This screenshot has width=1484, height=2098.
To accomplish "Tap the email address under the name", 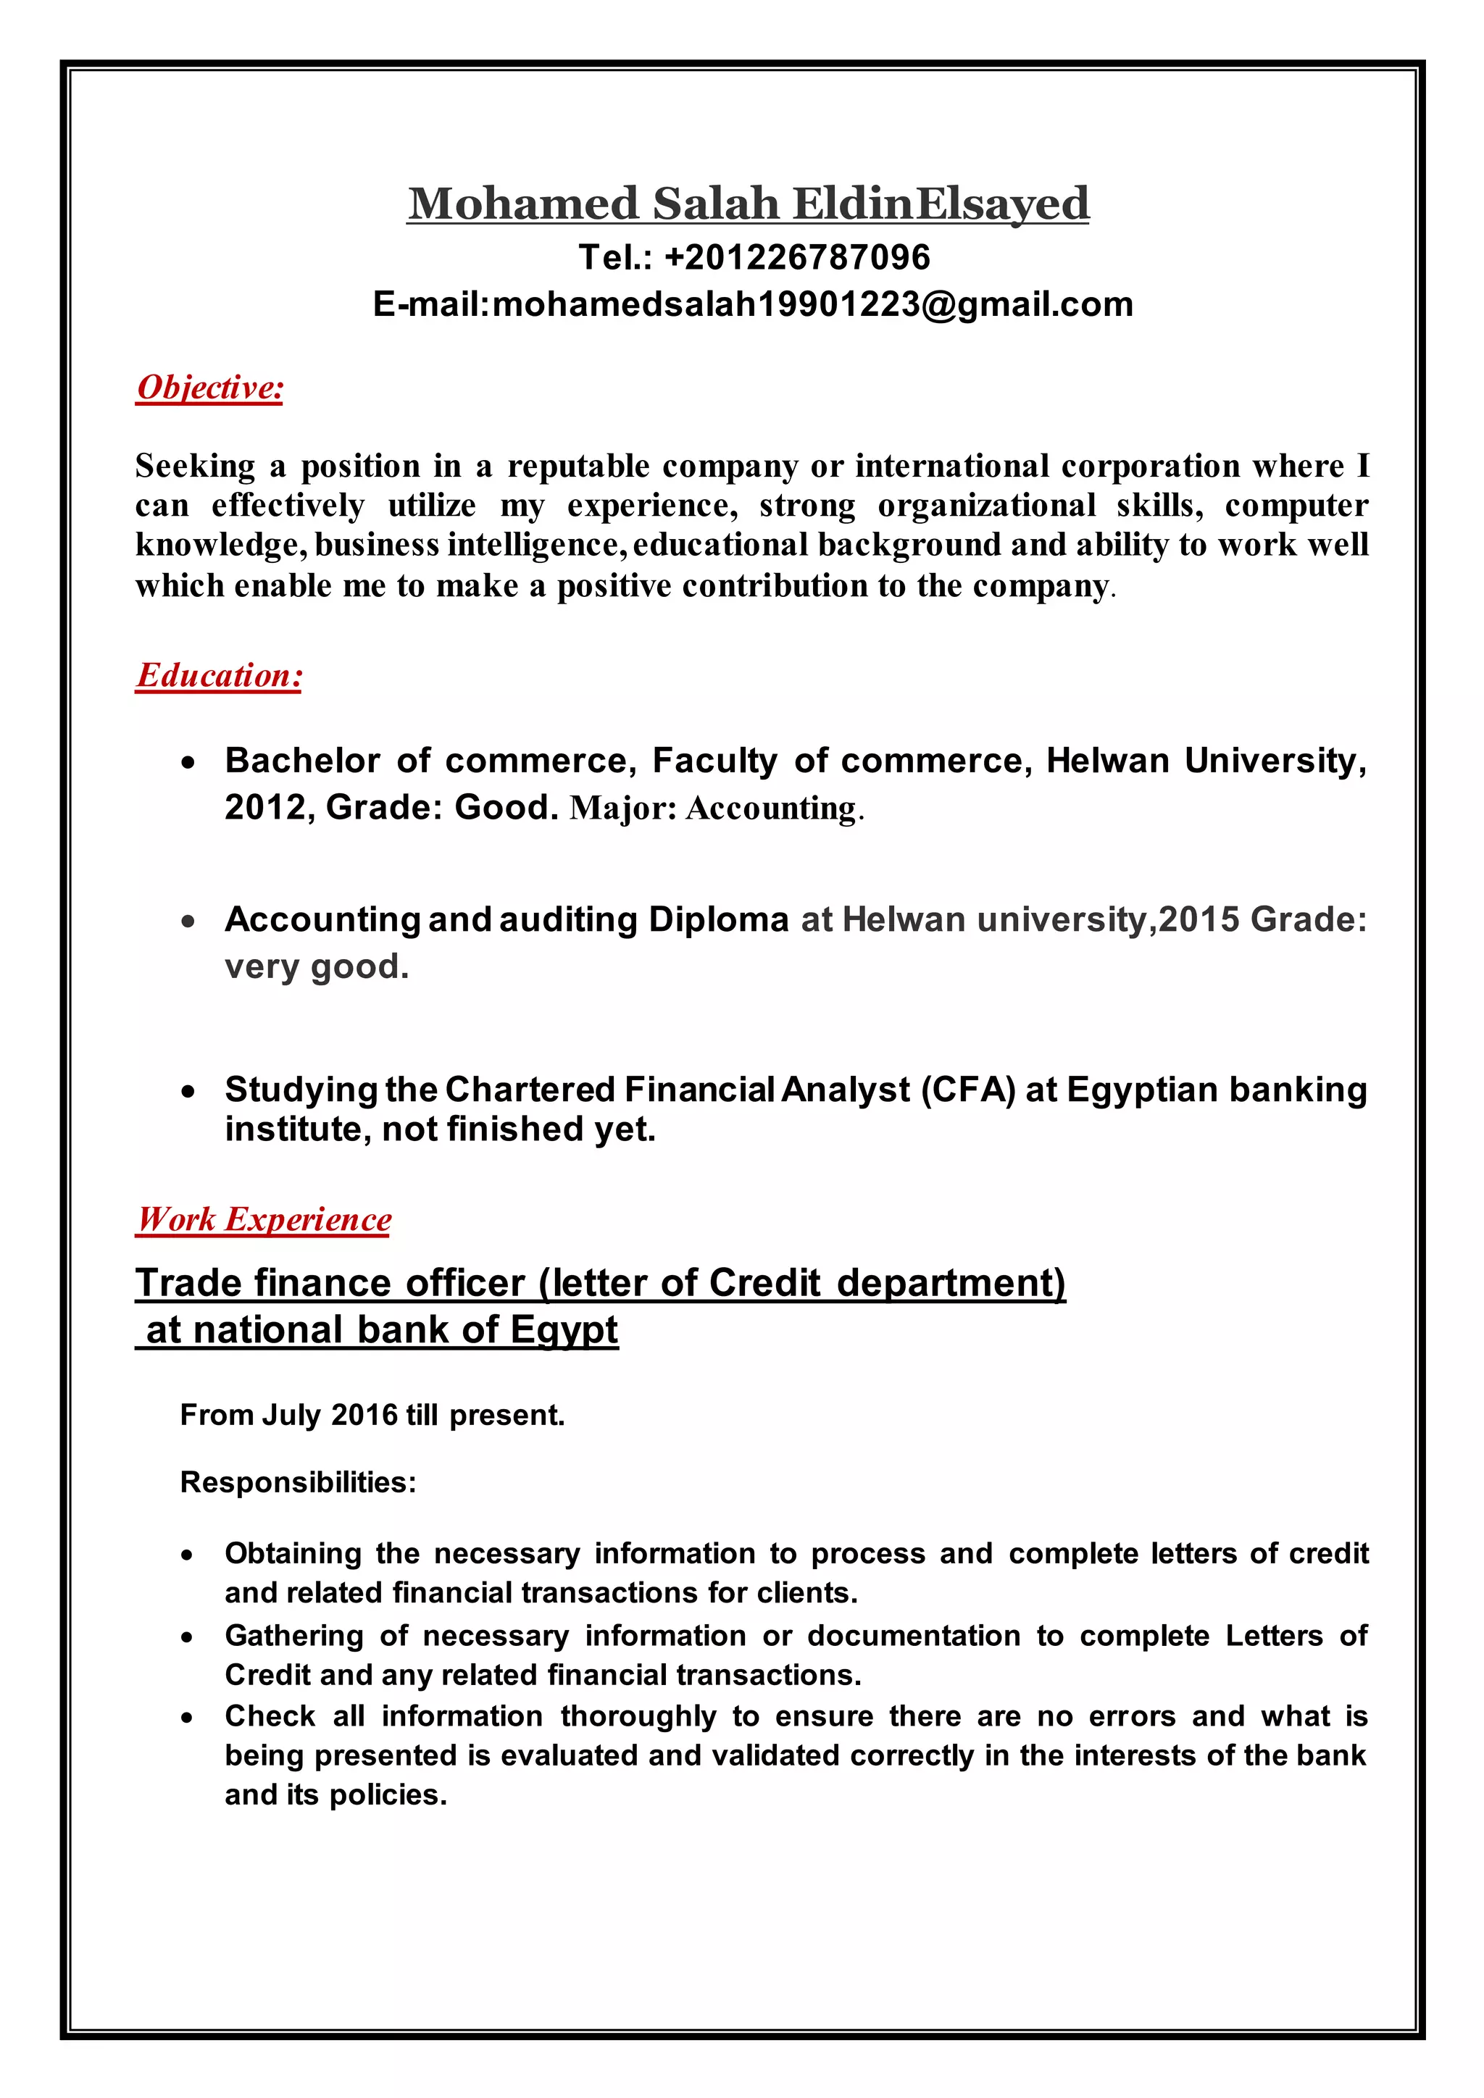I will [x=812, y=304].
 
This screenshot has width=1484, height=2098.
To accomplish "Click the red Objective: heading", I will [x=209, y=388].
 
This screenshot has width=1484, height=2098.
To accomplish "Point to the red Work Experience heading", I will [x=264, y=1219].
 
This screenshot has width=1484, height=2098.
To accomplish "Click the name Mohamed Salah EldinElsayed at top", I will [x=748, y=203].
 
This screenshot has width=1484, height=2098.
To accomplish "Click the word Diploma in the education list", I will [x=718, y=919].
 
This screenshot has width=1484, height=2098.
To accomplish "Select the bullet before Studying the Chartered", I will [x=188, y=1091].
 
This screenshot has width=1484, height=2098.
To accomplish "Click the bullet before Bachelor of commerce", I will [x=188, y=762].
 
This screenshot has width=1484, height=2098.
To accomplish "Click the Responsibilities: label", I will [x=298, y=1482].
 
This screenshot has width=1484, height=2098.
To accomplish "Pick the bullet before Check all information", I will [x=188, y=1718].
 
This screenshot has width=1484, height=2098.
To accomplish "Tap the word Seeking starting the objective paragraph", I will [x=195, y=467].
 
